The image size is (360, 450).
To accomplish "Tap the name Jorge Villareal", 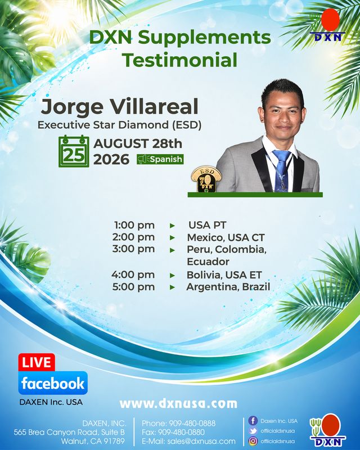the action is [119, 106].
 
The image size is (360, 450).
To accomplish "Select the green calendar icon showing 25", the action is [74, 151].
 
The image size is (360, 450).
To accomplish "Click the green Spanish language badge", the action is [160, 159].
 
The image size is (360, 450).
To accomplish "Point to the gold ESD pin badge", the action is [206, 179].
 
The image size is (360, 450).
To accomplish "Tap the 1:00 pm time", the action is [134, 226].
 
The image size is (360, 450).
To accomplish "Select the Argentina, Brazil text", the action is [228, 287].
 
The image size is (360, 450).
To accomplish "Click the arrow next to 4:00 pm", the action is [172, 276].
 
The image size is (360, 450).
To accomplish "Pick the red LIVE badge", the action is [37, 362].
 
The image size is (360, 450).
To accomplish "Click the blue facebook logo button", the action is [53, 384].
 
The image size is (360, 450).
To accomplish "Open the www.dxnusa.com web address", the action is [178, 404].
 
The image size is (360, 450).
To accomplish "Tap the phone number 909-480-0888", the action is [192, 424].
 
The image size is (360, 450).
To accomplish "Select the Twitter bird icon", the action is [253, 431].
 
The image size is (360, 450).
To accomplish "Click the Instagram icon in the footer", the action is [253, 441].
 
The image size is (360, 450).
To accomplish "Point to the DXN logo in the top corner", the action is [328, 25].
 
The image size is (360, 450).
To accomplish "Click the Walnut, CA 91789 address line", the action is [93, 441].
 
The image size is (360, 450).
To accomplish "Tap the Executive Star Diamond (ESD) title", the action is [119, 125].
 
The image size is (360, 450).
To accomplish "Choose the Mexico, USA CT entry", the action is [226, 237].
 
